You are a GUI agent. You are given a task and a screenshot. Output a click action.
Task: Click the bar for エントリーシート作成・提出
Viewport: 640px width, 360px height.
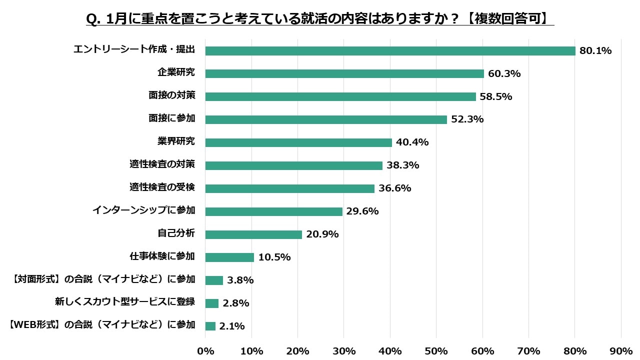(x=390, y=51)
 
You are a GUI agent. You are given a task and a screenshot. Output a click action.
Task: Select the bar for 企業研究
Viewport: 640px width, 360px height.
(x=344, y=73)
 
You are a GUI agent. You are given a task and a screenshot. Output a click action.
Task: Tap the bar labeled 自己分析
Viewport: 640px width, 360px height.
(x=253, y=234)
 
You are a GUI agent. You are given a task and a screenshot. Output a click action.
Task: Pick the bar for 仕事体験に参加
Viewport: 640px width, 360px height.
(x=229, y=257)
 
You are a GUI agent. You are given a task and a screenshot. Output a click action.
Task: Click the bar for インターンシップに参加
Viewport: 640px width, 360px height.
(x=273, y=211)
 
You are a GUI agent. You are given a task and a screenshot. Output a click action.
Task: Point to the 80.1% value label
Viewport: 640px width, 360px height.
(x=595, y=51)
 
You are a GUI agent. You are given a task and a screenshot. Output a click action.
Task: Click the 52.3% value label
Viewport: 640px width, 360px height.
(x=467, y=119)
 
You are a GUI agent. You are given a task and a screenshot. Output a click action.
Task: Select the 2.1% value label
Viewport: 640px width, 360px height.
(x=232, y=326)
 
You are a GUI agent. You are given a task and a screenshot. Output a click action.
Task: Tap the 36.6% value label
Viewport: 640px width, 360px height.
(x=394, y=188)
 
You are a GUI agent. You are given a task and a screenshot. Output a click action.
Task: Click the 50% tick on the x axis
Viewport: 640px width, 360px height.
(x=436, y=350)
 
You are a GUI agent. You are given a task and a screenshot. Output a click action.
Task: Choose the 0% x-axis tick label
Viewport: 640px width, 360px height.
(x=205, y=350)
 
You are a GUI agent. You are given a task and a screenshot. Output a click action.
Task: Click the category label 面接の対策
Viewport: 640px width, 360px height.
(x=171, y=95)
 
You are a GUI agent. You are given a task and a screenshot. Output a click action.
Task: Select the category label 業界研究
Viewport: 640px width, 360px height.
(x=176, y=141)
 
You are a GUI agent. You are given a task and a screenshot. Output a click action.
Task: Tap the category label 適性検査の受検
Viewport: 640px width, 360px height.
(x=162, y=187)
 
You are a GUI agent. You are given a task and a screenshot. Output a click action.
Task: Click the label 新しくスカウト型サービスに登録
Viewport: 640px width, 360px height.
(x=124, y=302)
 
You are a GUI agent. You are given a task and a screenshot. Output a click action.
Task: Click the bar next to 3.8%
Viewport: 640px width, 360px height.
(x=214, y=280)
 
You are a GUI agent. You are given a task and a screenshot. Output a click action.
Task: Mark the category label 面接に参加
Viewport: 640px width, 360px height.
(x=171, y=118)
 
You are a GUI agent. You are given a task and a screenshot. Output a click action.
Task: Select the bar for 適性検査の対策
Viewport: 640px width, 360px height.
(x=293, y=165)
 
